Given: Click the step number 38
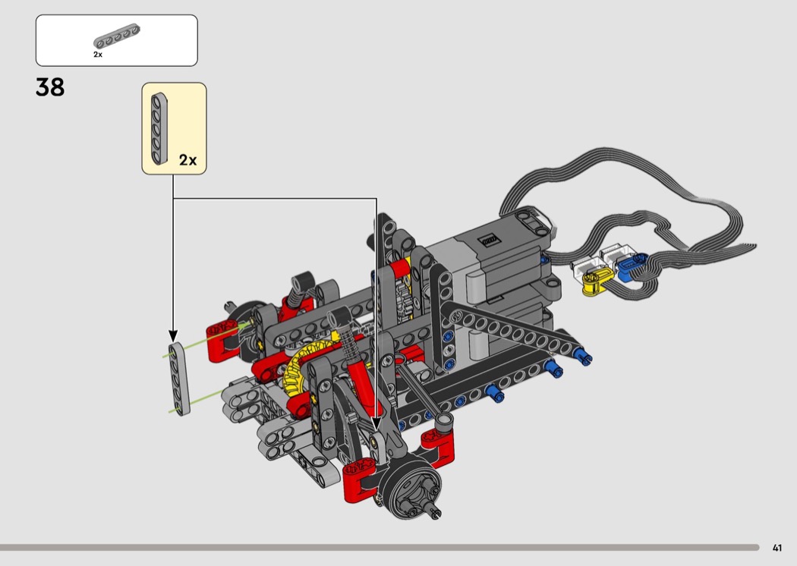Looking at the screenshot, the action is pos(50,87).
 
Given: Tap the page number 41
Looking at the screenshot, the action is pos(777,548).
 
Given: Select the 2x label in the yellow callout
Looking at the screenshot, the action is pos(187,160).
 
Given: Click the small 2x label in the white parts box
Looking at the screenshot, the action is pos(98,55).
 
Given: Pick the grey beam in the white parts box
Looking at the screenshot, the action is pos(116,36).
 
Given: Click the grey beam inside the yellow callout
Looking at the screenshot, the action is pos(159,128).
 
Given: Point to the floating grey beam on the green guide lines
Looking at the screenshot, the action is pos(179,379).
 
